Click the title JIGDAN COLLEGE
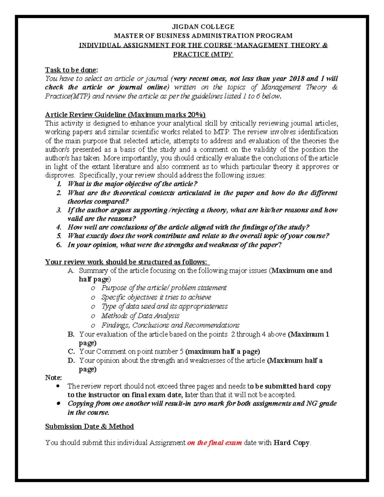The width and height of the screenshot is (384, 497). pyautogui.click(x=203, y=27)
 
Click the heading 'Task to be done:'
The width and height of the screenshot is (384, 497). pyautogui.click(x=71, y=70)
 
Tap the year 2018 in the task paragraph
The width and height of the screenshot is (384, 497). pyautogui.click(x=297, y=79)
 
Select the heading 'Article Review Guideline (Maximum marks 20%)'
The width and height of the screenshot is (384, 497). pyautogui.click(x=125, y=115)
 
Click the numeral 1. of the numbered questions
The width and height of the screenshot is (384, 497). pyautogui.click(x=59, y=184)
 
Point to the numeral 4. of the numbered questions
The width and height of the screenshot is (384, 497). pyautogui.click(x=59, y=228)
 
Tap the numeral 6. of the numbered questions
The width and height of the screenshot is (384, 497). pyautogui.click(x=59, y=245)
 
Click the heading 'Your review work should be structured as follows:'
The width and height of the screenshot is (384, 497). pyautogui.click(x=127, y=262)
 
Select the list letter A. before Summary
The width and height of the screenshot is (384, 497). pyautogui.click(x=71, y=271)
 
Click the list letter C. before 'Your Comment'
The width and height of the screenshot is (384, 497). pyautogui.click(x=71, y=352)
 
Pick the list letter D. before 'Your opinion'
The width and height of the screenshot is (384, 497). pyautogui.click(x=71, y=361)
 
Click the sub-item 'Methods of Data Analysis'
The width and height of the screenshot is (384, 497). pyautogui.click(x=140, y=316)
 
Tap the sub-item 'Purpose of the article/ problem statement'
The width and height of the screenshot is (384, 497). pyautogui.click(x=164, y=288)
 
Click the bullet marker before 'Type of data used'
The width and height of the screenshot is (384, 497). pyautogui.click(x=93, y=307)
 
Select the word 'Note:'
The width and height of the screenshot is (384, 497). pyautogui.click(x=53, y=378)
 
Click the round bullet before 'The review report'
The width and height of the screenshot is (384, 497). pyautogui.click(x=58, y=386)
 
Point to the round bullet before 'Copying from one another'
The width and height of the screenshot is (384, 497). pyautogui.click(x=58, y=404)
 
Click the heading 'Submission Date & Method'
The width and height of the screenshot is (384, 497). pyautogui.click(x=89, y=427)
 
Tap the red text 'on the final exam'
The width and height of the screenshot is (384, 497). pyautogui.click(x=214, y=443)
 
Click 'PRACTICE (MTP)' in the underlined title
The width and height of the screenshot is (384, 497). pyautogui.click(x=203, y=54)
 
